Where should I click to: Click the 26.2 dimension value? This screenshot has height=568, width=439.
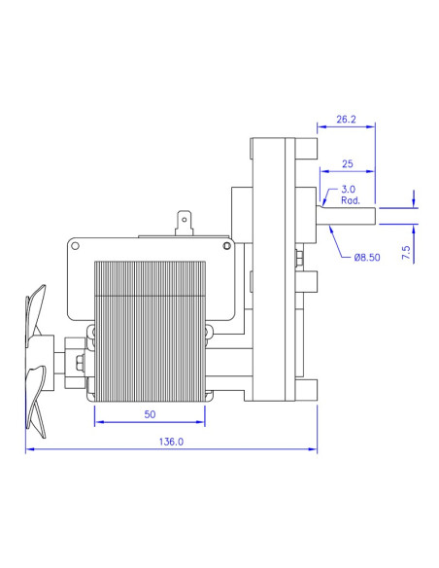pos(346,120)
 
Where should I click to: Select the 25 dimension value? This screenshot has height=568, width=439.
pos(347,163)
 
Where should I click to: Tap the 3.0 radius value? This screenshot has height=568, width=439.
pos(349,189)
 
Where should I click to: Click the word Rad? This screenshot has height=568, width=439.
pos(351,200)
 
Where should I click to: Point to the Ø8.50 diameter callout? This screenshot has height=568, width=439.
pos(367,258)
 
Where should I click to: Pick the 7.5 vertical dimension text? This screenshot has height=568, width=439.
pos(406,253)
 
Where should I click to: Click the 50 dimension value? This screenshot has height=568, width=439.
pos(150,414)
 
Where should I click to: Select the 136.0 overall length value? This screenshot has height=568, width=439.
pos(171,442)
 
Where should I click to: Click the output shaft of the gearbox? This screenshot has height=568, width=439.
pos(346,216)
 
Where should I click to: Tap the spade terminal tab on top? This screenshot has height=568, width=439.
pos(185,224)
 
